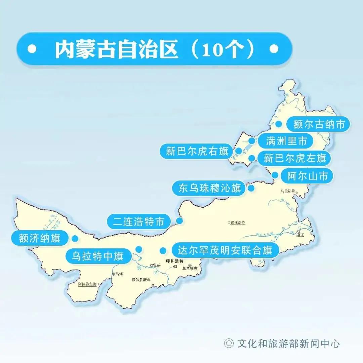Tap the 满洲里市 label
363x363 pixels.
pos(287,141)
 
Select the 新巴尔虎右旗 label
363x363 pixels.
pos(197,151)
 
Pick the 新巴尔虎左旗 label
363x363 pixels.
pos(295,158)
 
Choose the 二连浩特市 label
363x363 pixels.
pos(139,222)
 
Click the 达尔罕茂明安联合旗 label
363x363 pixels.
pos(225,250)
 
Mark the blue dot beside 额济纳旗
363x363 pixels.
pos(75,238)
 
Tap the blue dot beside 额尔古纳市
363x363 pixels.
pos(279,124)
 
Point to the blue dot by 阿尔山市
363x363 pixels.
pos(275,175)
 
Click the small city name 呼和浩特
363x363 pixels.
pos(175,261)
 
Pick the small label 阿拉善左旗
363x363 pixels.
pos(87,284)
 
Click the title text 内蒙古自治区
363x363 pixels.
pos(116,49)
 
